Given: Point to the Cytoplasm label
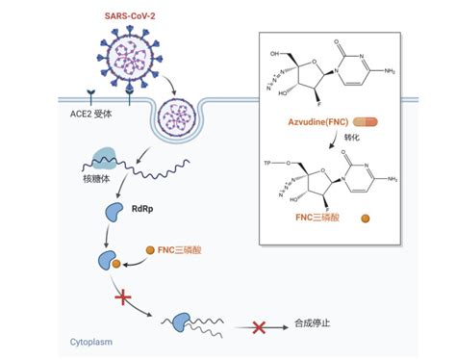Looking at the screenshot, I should tap(92, 342).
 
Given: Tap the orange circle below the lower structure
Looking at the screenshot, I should tap(365, 219).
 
